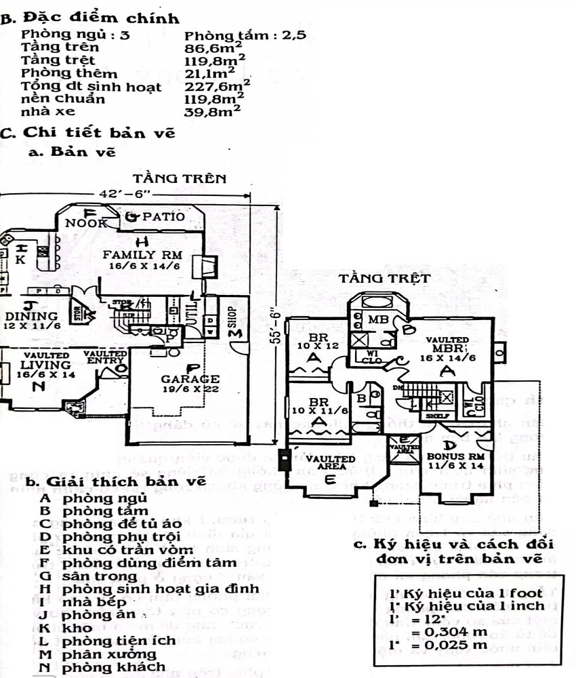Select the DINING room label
30,317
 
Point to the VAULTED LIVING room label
46,365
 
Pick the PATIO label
162,217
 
